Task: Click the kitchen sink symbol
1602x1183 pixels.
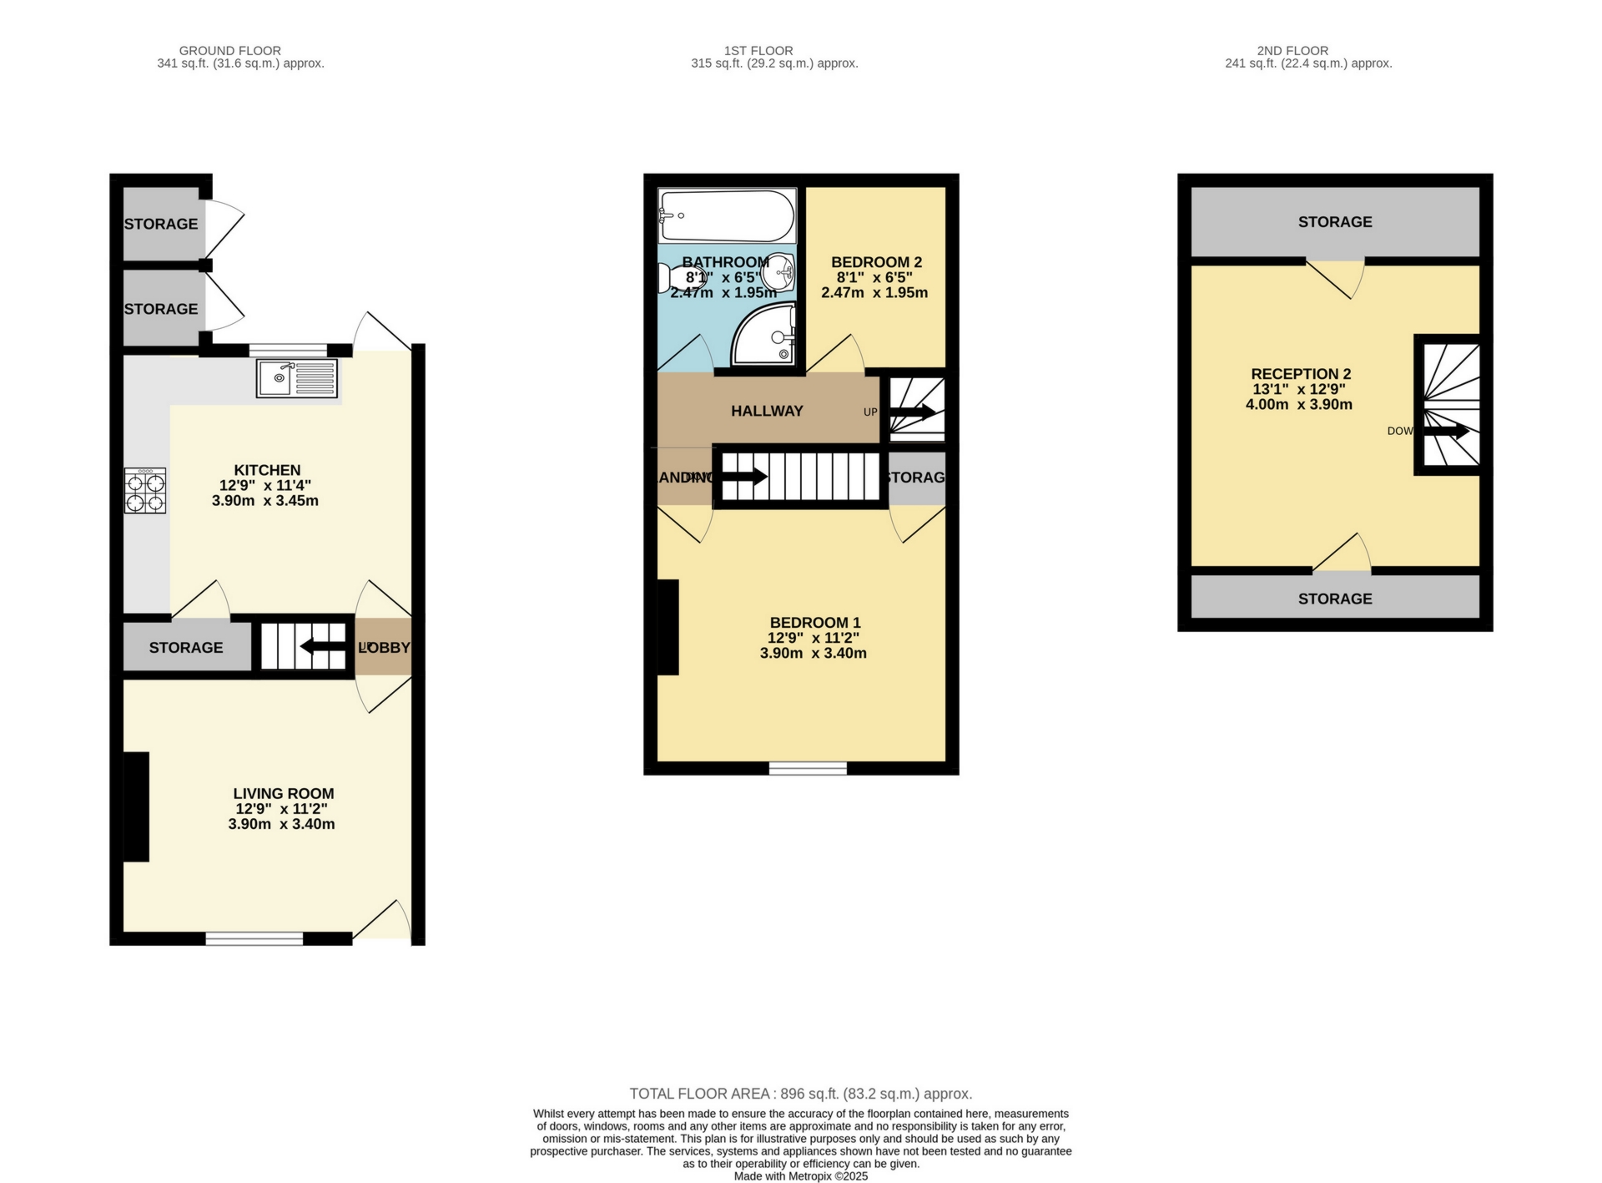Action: pyautogui.click(x=296, y=378)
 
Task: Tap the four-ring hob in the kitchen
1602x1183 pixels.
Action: pyautogui.click(x=145, y=491)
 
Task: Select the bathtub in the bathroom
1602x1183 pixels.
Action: pyautogui.click(x=726, y=215)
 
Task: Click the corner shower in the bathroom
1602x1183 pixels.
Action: pyautogui.click(x=763, y=336)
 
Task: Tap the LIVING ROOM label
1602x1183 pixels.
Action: pyautogui.click(x=283, y=793)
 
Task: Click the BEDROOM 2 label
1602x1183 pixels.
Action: pyautogui.click(x=876, y=262)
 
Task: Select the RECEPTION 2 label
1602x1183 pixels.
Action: pyautogui.click(x=1300, y=374)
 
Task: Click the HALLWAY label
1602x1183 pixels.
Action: pyautogui.click(x=767, y=411)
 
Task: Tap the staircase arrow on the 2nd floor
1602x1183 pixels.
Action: pyautogui.click(x=1447, y=432)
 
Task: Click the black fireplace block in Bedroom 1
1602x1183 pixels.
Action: pyautogui.click(x=667, y=627)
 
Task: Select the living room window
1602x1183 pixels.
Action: pyautogui.click(x=254, y=939)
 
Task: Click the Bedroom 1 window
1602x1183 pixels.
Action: pyautogui.click(x=807, y=768)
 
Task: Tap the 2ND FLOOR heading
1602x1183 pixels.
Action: pyautogui.click(x=1292, y=51)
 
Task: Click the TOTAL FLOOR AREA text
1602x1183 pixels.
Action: pyautogui.click(x=800, y=1094)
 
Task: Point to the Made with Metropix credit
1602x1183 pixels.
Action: pyautogui.click(x=800, y=1176)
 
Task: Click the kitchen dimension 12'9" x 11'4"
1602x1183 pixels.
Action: pyautogui.click(x=265, y=485)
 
